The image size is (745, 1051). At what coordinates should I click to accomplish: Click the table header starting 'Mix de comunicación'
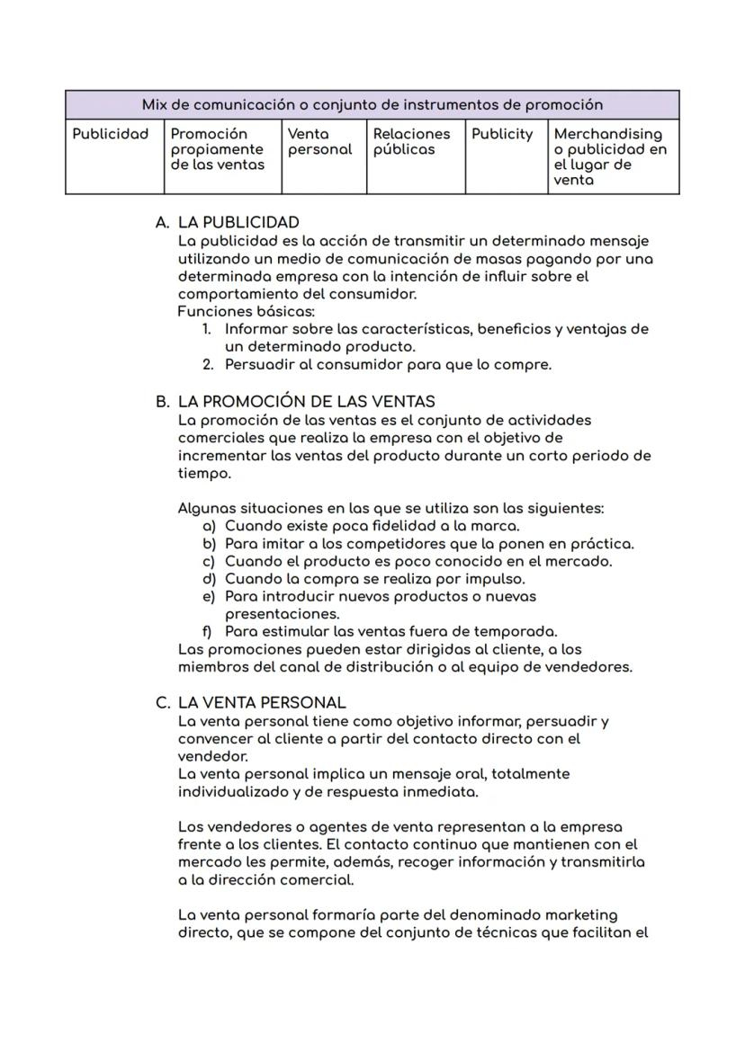click(372, 105)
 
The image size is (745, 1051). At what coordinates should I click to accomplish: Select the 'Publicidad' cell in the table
click(110, 135)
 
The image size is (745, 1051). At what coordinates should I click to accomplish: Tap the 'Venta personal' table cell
click(319, 142)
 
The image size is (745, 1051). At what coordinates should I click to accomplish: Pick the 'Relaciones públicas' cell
click(411, 142)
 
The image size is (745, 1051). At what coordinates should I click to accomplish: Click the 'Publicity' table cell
click(502, 135)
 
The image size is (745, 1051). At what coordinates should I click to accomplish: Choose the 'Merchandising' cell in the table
click(610, 156)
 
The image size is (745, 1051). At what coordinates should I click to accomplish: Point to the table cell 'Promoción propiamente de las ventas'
click(217, 149)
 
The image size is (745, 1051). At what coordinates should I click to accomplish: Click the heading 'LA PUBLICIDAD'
click(238, 222)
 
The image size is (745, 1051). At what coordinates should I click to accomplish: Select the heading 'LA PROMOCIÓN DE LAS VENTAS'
click(306, 402)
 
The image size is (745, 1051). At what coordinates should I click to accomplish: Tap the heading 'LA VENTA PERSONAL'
click(262, 703)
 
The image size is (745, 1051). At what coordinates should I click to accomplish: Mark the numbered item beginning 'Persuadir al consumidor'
click(387, 365)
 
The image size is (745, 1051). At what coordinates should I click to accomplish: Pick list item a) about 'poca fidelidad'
click(371, 526)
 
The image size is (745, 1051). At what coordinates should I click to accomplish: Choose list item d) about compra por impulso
click(374, 579)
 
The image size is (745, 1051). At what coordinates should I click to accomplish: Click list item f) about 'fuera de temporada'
click(390, 632)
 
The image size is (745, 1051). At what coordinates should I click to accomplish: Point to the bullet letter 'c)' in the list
click(210, 562)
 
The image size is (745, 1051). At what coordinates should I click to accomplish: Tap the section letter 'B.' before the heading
click(163, 402)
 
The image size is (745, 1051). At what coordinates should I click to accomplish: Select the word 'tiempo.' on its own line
click(204, 474)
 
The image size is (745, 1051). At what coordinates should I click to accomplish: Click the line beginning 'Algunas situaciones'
click(390, 509)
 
